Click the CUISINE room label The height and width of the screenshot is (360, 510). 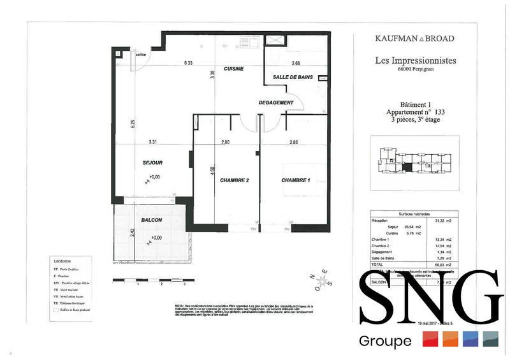click(234, 69)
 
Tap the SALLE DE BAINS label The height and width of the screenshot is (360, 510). click(292, 77)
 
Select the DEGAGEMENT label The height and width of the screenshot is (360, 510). click(276, 103)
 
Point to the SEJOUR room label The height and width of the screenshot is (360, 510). click(153, 163)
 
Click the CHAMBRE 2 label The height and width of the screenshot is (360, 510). click(234, 180)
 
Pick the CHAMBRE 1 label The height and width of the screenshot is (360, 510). click(296, 180)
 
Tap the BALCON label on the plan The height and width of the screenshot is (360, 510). click(152, 220)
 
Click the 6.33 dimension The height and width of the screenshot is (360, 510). click(189, 63)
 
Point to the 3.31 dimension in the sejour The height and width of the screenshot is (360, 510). click(153, 141)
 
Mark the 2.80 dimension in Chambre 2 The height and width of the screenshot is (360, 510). click(225, 141)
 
